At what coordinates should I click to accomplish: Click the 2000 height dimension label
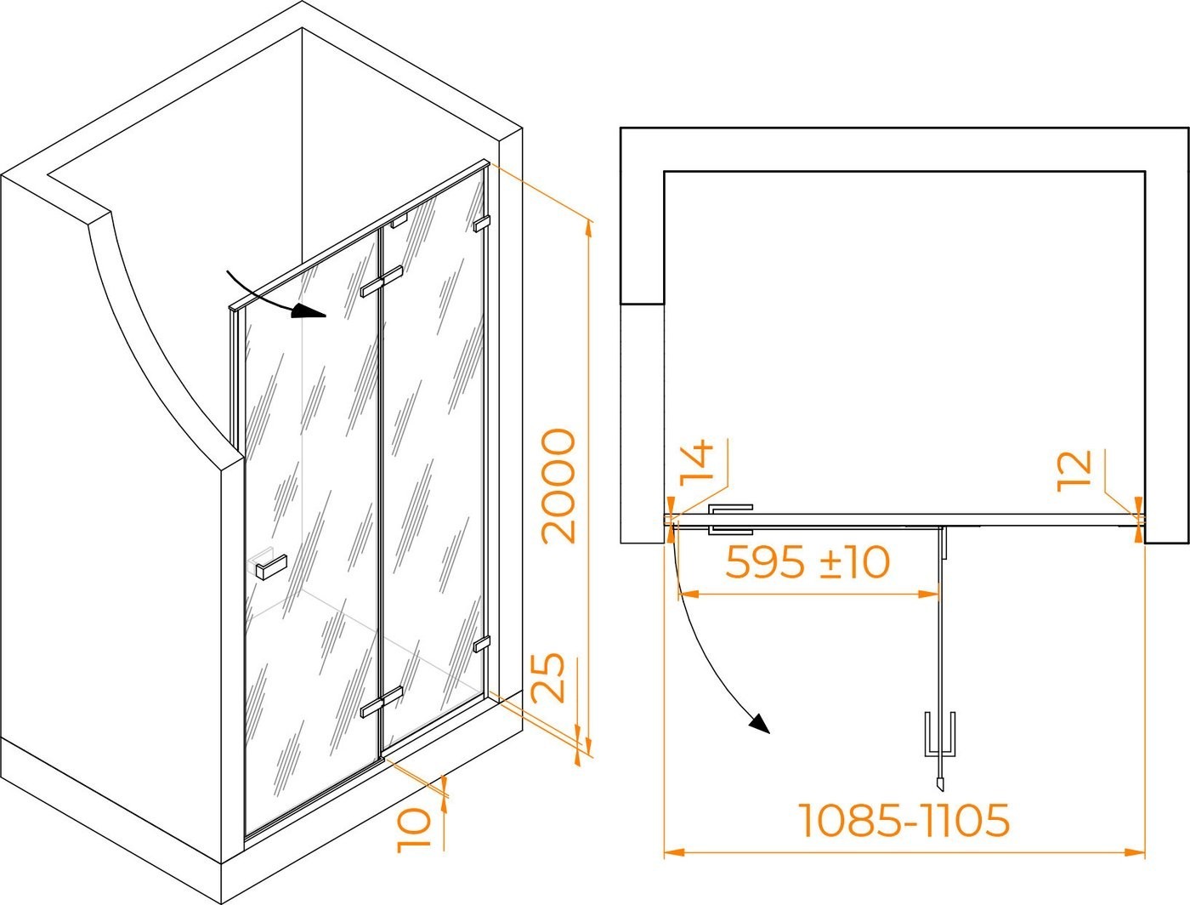pos(558,486)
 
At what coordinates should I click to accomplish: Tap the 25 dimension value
pos(547,678)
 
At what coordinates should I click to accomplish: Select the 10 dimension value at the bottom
pos(413,830)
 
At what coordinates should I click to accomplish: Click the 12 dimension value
pos(1074,470)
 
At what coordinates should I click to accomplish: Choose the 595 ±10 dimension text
pos(807,562)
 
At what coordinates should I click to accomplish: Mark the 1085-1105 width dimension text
pos(904,819)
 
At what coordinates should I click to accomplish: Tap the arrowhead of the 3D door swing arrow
pos(308,310)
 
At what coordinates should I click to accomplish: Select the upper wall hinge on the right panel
pos(482,224)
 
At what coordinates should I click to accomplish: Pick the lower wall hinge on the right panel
pos(482,644)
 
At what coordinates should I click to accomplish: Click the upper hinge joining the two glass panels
pos(382,281)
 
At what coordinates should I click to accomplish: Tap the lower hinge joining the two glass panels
pos(382,703)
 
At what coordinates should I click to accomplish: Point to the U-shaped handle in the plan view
pos(940,734)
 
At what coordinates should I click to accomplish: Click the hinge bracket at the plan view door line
pos(731,520)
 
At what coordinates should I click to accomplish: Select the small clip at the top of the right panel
pos(399,220)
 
